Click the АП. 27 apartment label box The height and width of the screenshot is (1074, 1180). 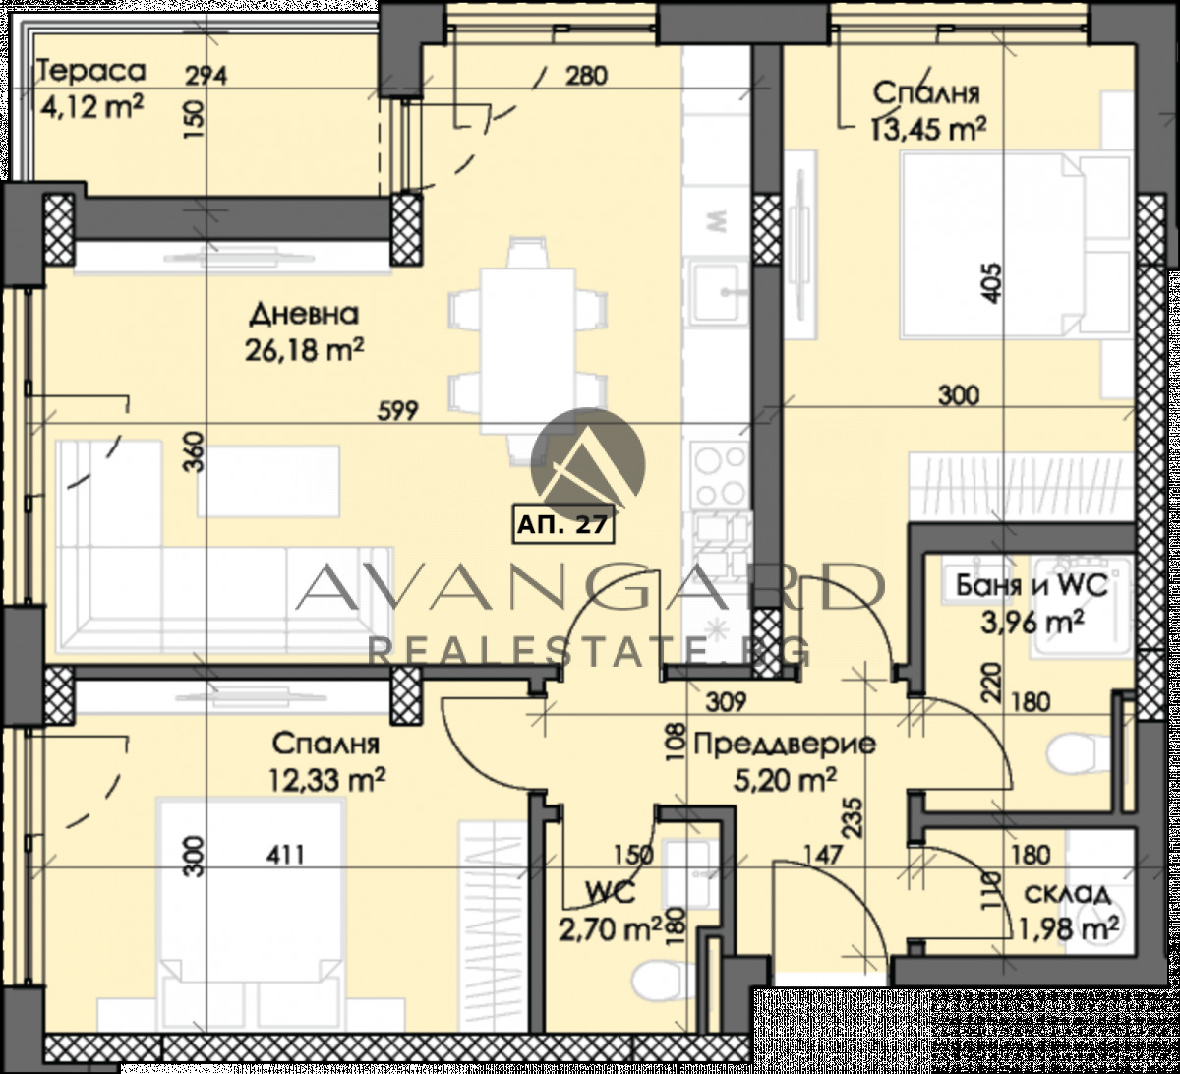563,524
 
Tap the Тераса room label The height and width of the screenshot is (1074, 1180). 90,71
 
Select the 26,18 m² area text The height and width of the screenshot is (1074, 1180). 304,351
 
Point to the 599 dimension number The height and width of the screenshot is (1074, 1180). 397,411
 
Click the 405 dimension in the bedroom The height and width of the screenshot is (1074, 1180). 991,282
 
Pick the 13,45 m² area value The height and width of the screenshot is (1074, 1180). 928,128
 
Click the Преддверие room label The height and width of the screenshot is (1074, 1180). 785,745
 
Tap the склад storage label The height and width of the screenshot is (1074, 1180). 1068,895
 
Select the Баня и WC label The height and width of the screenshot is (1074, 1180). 1032,585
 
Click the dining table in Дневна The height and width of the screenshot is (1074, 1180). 528,351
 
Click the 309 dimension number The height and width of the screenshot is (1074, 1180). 726,701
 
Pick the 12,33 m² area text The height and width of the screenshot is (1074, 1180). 327,781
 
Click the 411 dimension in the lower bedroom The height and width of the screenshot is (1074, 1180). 285,855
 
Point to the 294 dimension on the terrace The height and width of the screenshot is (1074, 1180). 206,76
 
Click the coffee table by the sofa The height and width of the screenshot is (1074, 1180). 268,481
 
